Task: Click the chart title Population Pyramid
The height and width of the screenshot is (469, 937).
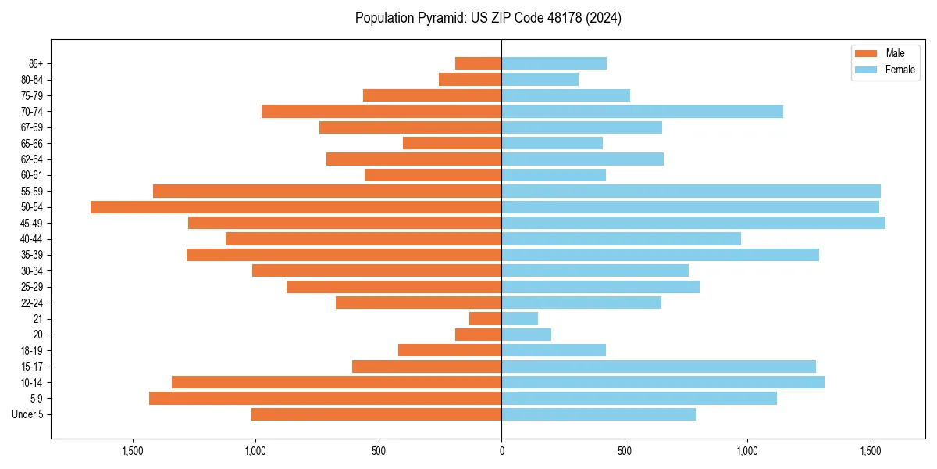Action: tap(488, 18)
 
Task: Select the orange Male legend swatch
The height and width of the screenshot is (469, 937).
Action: tap(866, 53)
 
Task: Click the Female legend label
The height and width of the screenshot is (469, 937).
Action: tap(900, 70)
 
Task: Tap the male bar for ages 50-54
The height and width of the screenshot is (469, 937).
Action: tap(296, 207)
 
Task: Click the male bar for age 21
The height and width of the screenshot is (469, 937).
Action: tap(485, 319)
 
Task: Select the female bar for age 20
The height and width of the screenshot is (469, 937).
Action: tap(526, 335)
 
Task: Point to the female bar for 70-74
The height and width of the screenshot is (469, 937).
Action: tap(642, 112)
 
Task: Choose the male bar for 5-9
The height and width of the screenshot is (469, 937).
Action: tap(325, 399)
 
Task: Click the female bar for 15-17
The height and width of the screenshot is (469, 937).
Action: tap(658, 367)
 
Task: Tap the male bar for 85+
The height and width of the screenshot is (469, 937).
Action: tap(478, 63)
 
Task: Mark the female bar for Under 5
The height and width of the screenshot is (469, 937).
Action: tap(598, 414)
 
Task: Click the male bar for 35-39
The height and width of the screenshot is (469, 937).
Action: tap(344, 255)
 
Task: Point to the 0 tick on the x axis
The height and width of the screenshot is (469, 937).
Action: tap(501, 451)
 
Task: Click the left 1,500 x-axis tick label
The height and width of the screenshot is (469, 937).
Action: tap(133, 451)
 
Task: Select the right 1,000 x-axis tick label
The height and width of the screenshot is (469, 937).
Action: tap(747, 451)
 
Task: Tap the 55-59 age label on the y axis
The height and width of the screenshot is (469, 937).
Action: tap(32, 192)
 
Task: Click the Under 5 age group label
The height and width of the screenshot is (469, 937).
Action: tap(28, 414)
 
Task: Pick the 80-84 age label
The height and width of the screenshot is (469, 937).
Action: tap(32, 80)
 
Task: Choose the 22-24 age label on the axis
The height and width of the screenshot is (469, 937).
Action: tap(32, 303)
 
